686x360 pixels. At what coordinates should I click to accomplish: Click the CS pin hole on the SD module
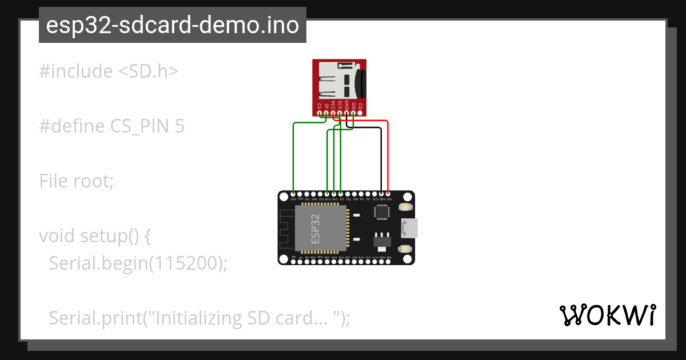coord(320,112)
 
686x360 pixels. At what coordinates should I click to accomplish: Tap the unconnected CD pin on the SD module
coord(361,112)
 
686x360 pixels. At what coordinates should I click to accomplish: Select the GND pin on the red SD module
coord(347,112)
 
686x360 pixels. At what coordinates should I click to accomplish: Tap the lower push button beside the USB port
coord(405,249)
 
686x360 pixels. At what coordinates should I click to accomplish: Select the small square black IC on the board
coord(380,212)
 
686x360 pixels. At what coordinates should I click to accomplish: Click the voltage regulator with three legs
coord(380,240)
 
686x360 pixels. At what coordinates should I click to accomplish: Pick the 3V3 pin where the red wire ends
coord(388,194)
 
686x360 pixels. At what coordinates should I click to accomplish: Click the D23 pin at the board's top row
coord(293,194)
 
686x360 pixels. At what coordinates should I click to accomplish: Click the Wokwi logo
coord(607,315)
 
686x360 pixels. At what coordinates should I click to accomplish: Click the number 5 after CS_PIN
coord(180,126)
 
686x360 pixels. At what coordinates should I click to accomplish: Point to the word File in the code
coord(55,181)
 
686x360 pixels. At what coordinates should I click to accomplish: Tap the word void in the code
coord(57,235)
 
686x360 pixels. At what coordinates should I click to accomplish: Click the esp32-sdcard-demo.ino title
coord(173,25)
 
